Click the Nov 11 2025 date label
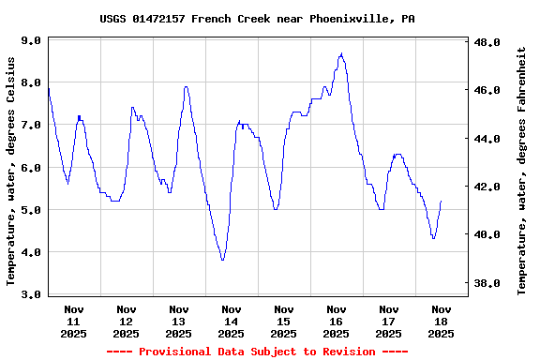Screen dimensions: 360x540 74,321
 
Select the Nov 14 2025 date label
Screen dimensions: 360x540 231,321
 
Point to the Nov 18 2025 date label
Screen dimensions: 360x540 441,321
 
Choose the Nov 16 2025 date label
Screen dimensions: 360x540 336,321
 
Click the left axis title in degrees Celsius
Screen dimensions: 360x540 11,170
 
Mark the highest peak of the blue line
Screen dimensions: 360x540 341,53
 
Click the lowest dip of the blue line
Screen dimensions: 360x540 222,260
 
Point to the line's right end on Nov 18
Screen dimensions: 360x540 441,202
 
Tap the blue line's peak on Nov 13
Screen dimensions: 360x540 187,86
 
